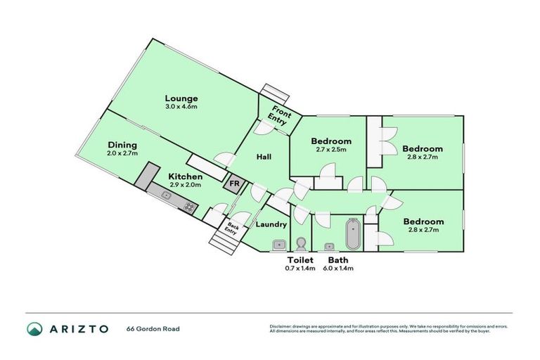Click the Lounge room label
coord(181,98)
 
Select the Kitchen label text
coord(186,176)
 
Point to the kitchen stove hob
coord(189,206)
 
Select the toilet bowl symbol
coord(301,244)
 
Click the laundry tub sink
coord(279,245)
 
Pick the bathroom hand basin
coord(329,246)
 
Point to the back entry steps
coord(223,243)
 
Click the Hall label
coord(264,156)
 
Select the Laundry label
coord(271,225)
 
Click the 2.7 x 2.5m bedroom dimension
coord(331,150)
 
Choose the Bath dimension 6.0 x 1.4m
coord(337,269)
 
